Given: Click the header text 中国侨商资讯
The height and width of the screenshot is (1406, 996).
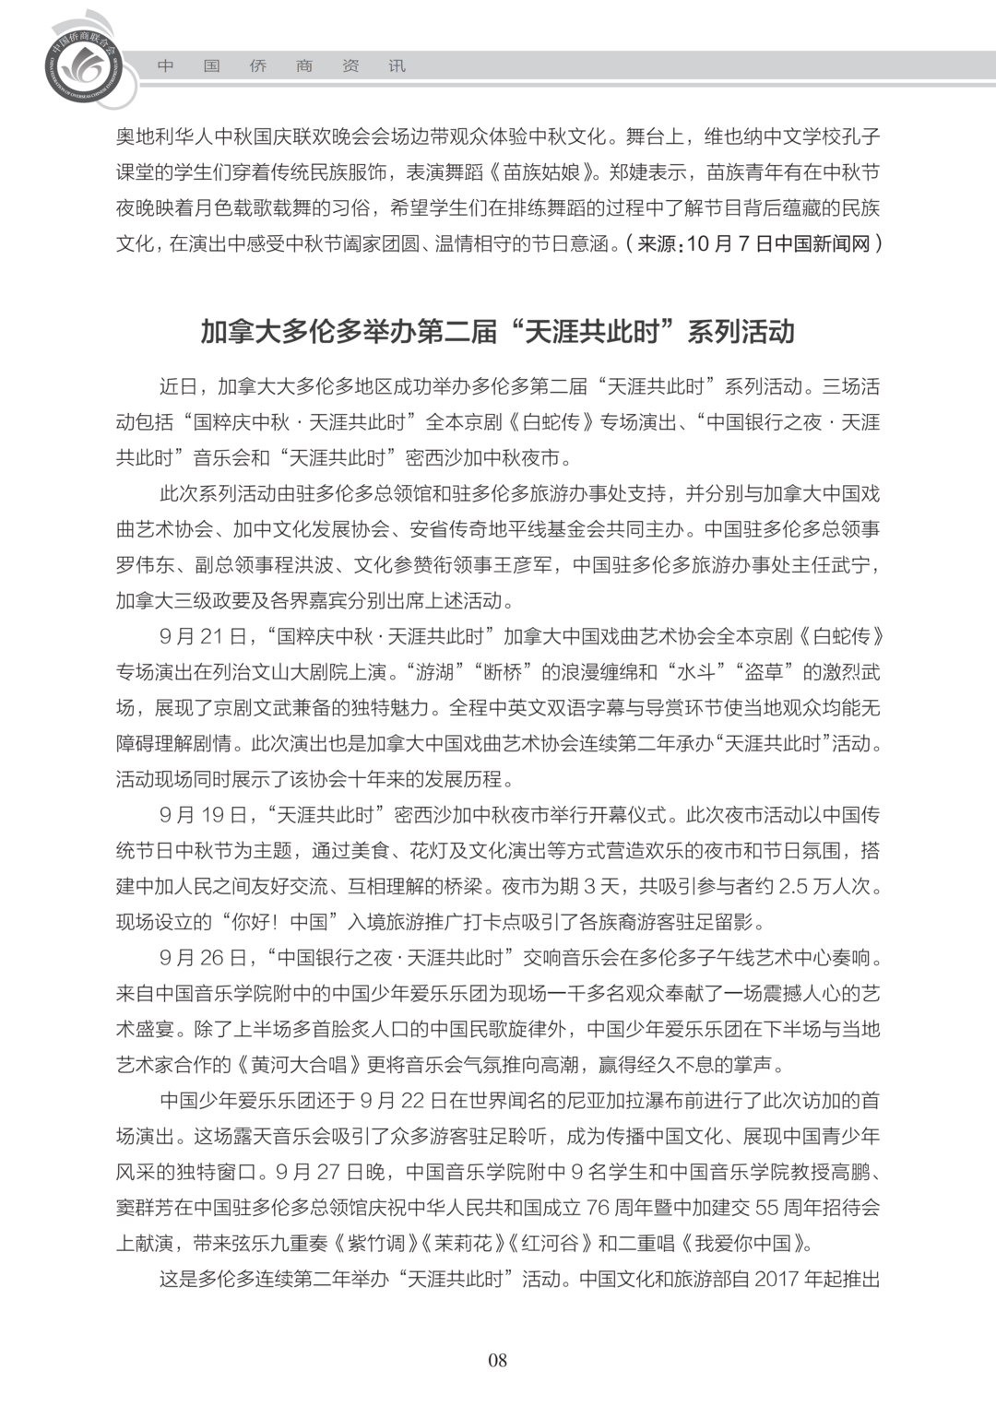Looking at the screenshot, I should click(x=281, y=66).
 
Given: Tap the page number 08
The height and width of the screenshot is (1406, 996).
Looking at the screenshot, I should click(x=497, y=1360).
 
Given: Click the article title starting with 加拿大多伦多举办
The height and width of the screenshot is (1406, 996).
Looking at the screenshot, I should click(x=497, y=332).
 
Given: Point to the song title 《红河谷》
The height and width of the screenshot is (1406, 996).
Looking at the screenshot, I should click(x=549, y=1244).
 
